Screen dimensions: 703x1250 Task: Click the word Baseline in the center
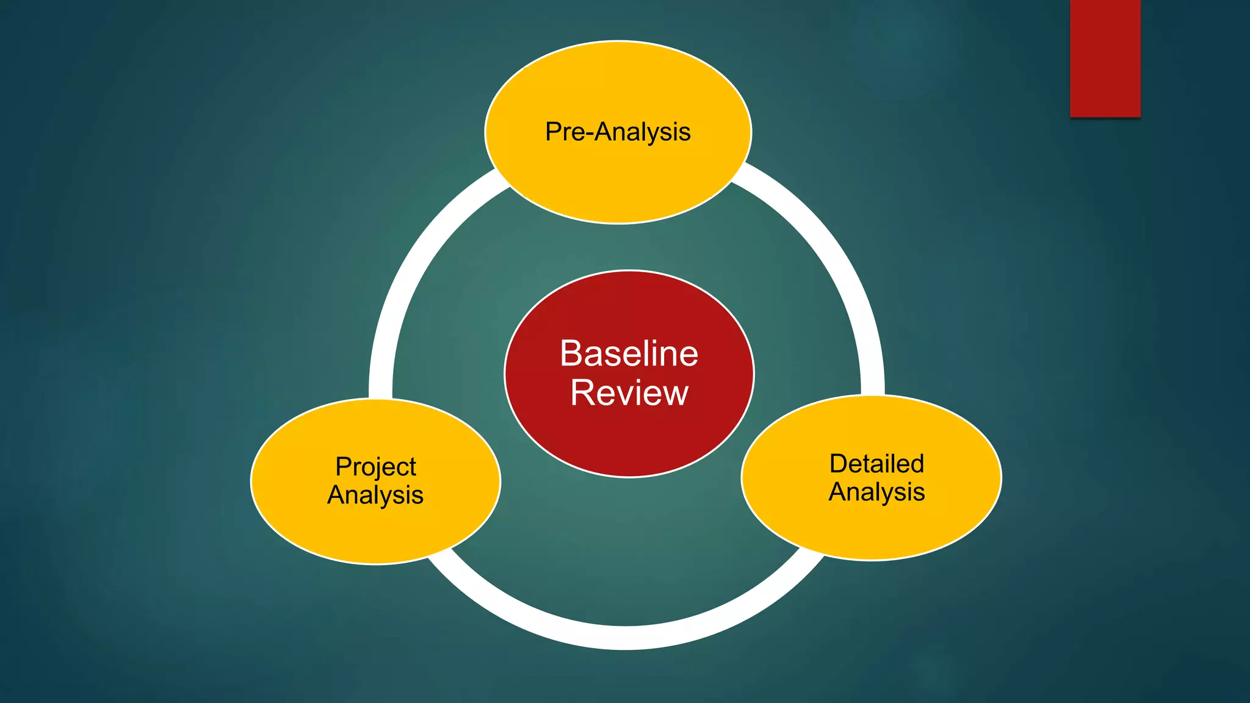(x=629, y=353)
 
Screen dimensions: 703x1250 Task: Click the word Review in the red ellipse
(x=629, y=392)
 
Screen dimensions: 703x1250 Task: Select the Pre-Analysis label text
(x=618, y=132)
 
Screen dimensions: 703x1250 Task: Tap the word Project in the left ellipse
(x=375, y=467)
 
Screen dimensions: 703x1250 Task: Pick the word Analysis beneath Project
(x=375, y=494)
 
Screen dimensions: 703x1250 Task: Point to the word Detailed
(x=876, y=464)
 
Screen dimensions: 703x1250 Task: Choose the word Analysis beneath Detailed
(x=876, y=492)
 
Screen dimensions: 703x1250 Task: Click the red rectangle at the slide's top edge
(x=1105, y=58)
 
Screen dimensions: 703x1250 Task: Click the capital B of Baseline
(x=571, y=353)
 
